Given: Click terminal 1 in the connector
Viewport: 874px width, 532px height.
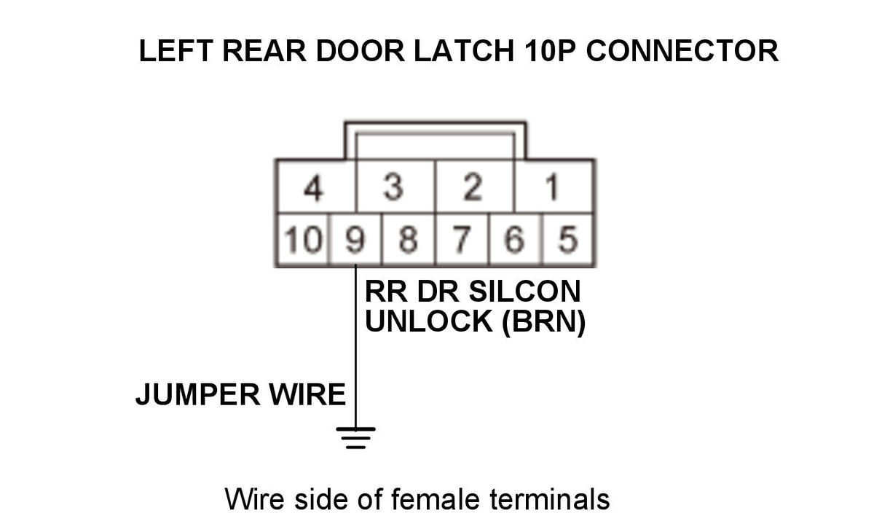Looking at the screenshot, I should click(x=554, y=188).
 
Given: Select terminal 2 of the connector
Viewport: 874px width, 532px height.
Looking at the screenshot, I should click(x=473, y=188).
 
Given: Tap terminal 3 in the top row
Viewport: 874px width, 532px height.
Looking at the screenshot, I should click(x=394, y=188).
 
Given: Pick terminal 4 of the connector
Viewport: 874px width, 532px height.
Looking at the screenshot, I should click(x=314, y=188).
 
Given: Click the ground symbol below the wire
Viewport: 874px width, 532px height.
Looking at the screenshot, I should click(x=355, y=436).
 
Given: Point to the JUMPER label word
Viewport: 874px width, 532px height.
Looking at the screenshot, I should click(x=197, y=395).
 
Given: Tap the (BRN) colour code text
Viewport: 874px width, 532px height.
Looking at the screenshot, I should click(x=543, y=321).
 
